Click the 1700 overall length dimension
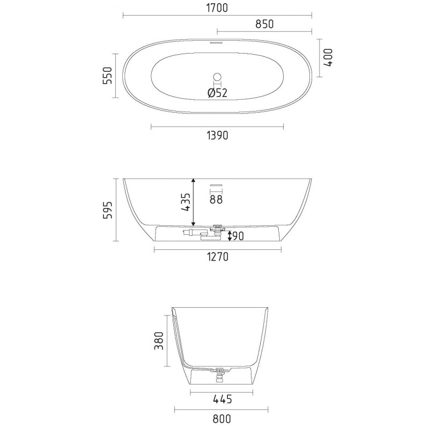pyautogui.click(x=217, y=8)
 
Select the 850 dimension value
pyautogui.click(x=264, y=24)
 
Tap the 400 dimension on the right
pyautogui.click(x=328, y=57)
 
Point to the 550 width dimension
pyautogui.click(x=107, y=75)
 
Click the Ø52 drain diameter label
pyautogui.click(x=218, y=93)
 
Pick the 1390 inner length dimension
pyautogui.click(x=217, y=136)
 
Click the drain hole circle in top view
pyautogui.click(x=218, y=77)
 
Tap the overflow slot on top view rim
pyautogui.click(x=217, y=43)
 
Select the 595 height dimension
pyautogui.click(x=107, y=210)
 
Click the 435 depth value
pyautogui.click(x=186, y=203)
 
